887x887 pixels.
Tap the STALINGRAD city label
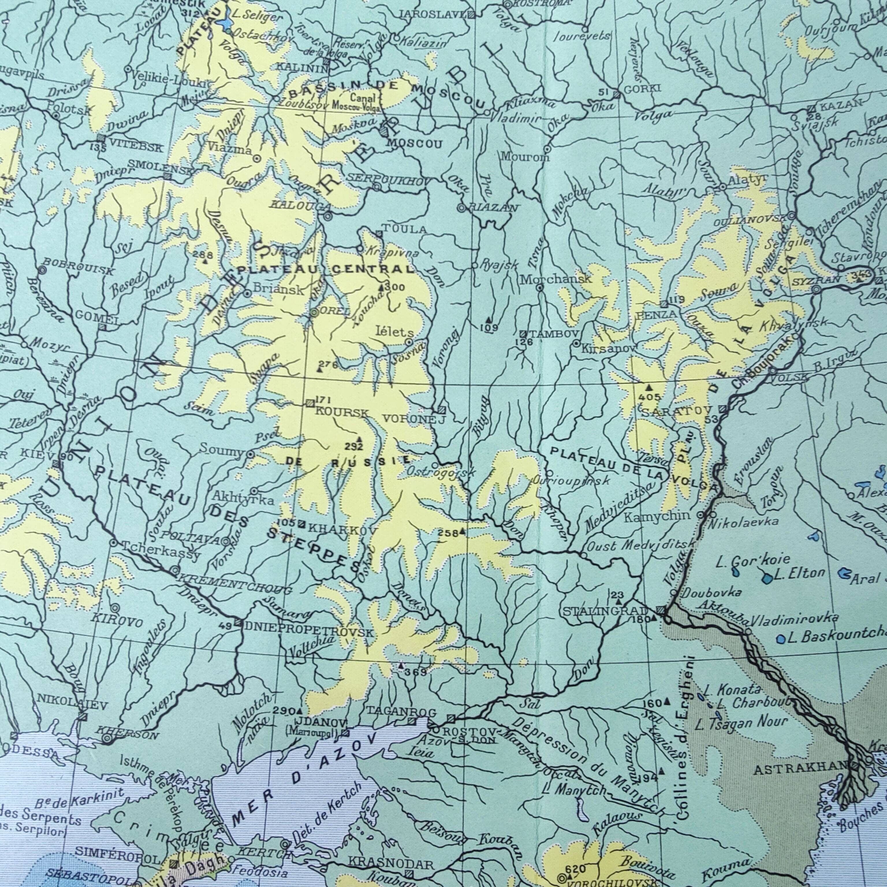tap(605, 612)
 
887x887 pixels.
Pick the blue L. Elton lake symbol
tap(766, 578)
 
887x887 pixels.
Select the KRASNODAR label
tap(391, 864)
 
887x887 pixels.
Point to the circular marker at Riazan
tap(461, 208)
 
